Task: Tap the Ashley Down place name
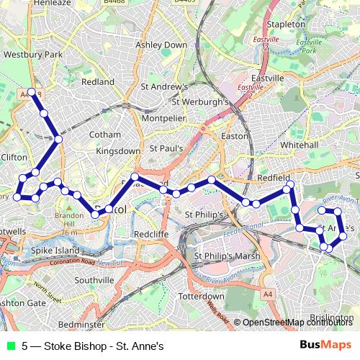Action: tap(161, 45)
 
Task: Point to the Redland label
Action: tap(98, 82)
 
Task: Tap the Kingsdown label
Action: tap(117, 151)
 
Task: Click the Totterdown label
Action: tap(202, 297)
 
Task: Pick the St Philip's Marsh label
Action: tap(227, 256)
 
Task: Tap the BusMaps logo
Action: tap(326, 344)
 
